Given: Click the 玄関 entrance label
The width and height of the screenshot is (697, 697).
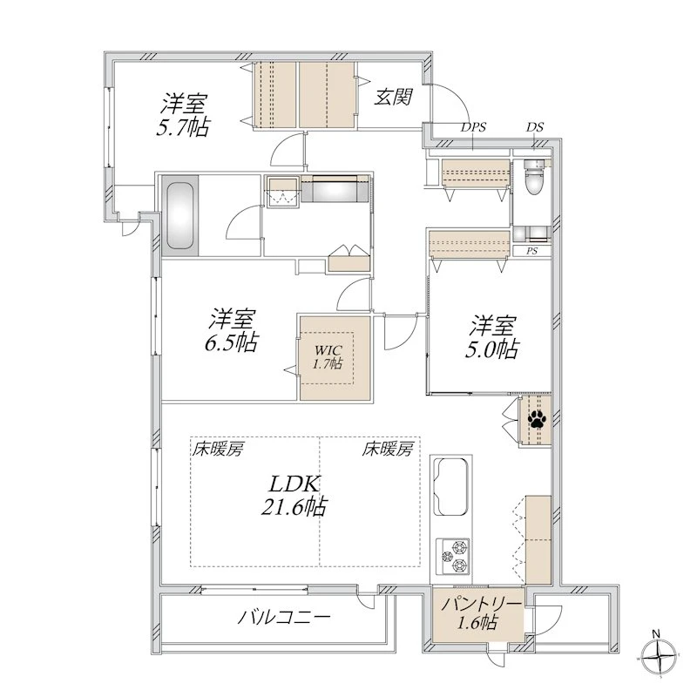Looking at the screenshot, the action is click(394, 97).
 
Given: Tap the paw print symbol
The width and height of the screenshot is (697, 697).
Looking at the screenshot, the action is click(537, 419).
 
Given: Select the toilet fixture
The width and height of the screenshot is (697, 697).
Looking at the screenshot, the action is click(533, 177).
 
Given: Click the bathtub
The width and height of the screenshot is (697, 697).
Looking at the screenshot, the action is click(179, 216).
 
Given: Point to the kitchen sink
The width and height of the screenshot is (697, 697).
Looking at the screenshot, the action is click(451, 486).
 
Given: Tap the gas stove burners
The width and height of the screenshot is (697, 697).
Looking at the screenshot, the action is click(453, 556).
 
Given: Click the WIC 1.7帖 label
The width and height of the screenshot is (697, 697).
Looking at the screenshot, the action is click(328, 356).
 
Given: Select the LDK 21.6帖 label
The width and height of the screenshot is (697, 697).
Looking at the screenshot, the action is click(294, 495).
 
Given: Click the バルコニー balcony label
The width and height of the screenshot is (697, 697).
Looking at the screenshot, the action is click(284, 617).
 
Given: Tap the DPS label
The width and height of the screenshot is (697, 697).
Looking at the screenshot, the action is click(473, 127).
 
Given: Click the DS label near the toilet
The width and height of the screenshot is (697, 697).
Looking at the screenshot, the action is click(535, 127).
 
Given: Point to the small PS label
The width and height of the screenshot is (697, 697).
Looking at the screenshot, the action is click(532, 251).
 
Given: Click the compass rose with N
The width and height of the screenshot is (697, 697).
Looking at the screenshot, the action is click(659, 656).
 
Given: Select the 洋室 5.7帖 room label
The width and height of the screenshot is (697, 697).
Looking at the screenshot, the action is click(183, 115).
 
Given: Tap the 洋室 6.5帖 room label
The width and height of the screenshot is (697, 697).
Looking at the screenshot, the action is click(232, 330).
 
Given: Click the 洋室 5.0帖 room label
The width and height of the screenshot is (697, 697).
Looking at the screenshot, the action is click(492, 337).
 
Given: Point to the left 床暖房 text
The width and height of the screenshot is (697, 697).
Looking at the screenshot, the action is click(217, 450).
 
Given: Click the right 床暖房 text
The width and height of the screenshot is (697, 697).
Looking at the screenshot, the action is click(388, 450).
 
